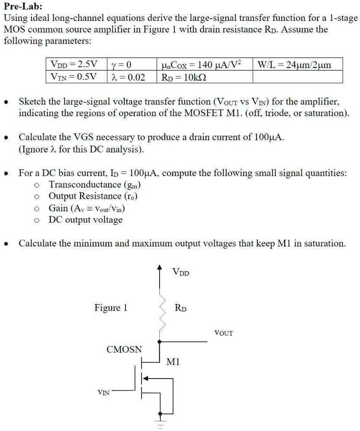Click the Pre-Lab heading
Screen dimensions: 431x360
[23, 7]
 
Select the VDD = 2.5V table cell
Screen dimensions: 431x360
[73, 65]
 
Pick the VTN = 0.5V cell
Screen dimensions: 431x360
[73, 77]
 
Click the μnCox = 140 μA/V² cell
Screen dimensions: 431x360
[201, 65]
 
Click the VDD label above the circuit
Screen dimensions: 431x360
[180, 273]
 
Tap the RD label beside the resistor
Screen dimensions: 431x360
[180, 308]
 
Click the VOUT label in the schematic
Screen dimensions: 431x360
[224, 333]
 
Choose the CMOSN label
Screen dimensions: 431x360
[124, 349]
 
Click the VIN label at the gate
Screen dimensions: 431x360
[103, 392]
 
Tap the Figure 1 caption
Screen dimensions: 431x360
[111, 308]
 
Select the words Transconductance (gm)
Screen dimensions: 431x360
[95, 185]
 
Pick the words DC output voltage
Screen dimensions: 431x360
[86, 220]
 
